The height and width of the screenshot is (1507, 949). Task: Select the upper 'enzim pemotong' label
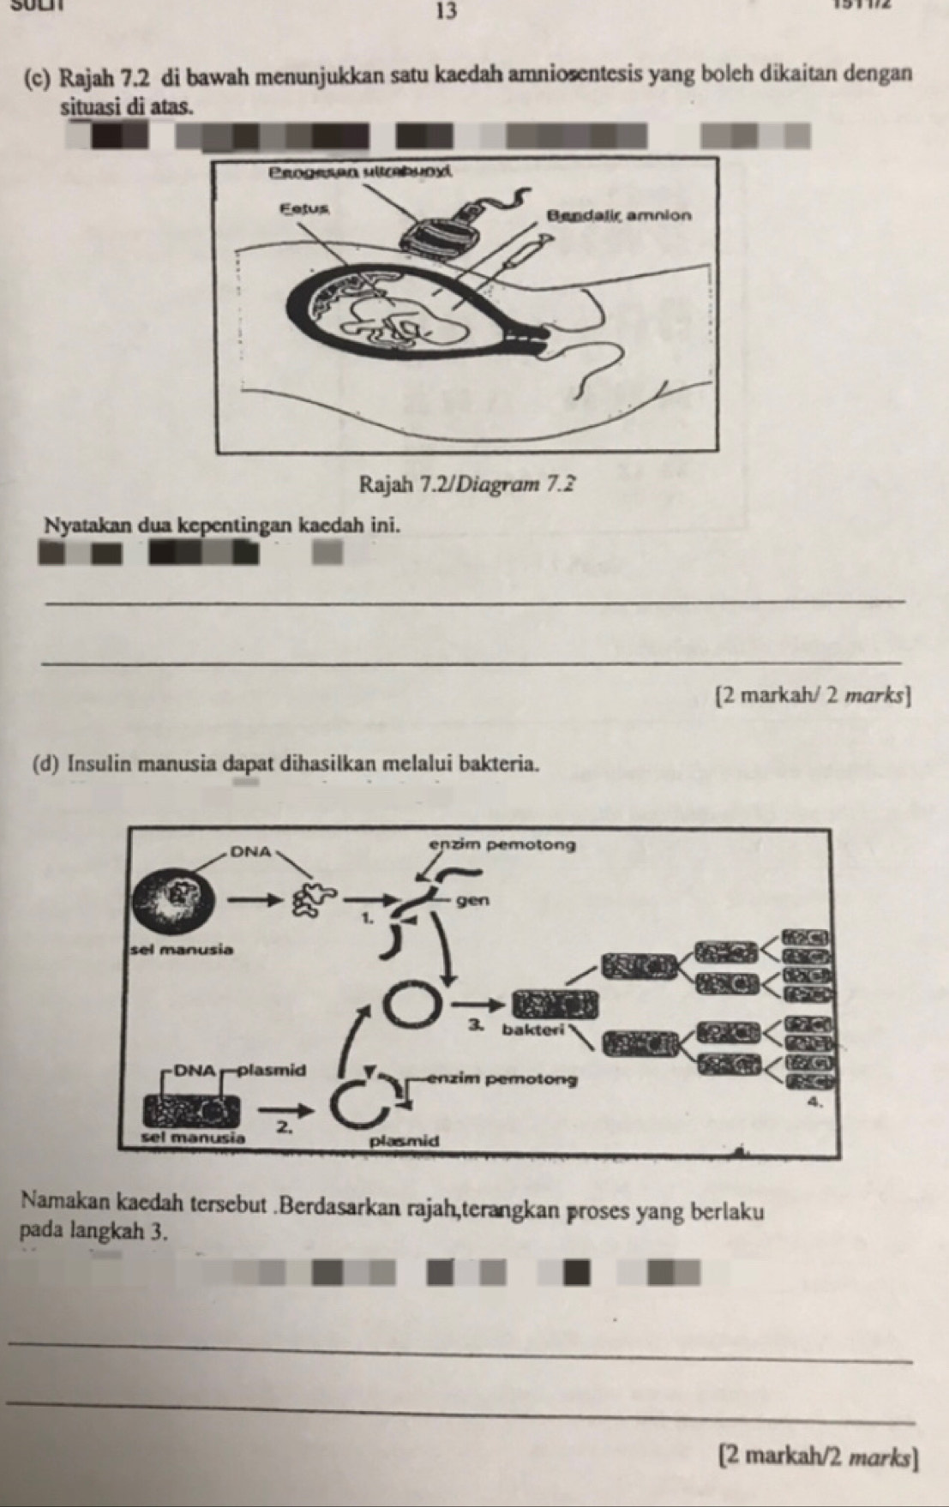click(502, 844)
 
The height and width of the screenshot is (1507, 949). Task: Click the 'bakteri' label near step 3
click(531, 1029)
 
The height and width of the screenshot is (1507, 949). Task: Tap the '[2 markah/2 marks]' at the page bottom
click(819, 1456)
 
